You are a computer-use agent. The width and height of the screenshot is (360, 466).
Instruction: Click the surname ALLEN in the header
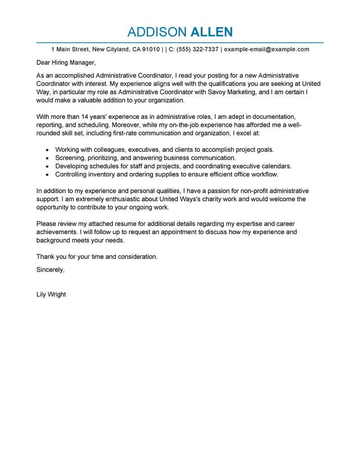(x=212, y=32)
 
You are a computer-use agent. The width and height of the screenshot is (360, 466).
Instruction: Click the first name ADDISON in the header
(x=157, y=32)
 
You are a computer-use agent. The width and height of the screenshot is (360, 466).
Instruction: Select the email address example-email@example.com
(x=267, y=49)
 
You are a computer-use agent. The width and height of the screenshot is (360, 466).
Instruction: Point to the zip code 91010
(x=150, y=49)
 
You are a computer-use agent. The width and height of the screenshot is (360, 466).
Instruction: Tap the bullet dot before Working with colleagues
(x=47, y=150)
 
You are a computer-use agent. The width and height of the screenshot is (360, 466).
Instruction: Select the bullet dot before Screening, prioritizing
(x=47, y=158)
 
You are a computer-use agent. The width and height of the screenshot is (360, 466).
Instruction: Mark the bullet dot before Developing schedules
(x=47, y=166)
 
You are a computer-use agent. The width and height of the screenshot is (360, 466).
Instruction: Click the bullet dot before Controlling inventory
(x=47, y=174)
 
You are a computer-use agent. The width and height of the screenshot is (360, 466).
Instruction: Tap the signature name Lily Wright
(x=51, y=294)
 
